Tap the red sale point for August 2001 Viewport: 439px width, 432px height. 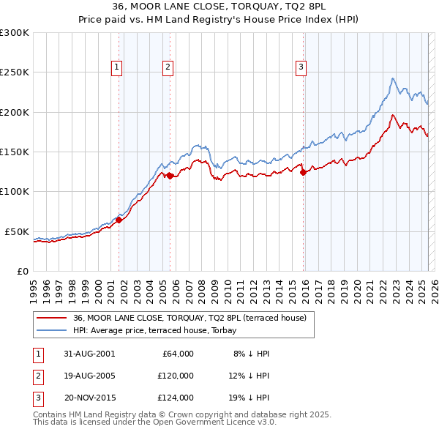click(119, 220)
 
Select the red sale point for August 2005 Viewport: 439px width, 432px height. click(170, 176)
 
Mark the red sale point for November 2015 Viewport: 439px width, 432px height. click(303, 173)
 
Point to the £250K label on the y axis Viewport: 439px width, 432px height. click(15, 72)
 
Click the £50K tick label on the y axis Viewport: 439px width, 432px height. click(18, 231)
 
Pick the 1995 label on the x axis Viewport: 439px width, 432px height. click(33, 286)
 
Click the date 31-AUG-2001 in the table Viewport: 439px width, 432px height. click(89, 354)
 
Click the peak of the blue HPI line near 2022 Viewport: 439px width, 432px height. click(393, 78)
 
